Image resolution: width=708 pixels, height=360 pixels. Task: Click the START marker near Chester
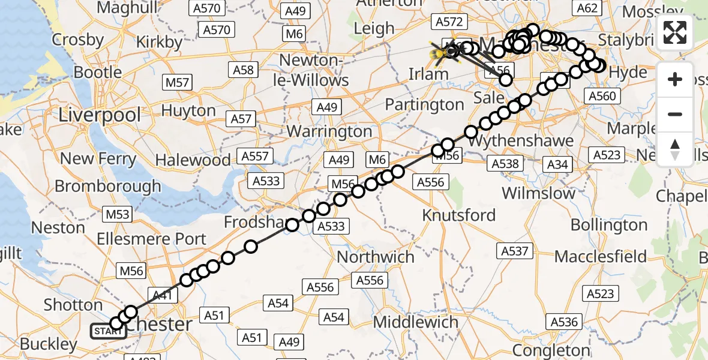108,331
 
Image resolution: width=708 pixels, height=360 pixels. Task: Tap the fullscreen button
675,32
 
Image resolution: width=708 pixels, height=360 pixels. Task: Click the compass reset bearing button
675,149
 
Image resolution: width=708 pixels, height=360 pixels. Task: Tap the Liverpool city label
100,115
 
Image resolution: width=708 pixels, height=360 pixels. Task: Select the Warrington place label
329,131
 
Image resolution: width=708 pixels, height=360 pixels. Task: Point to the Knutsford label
459,215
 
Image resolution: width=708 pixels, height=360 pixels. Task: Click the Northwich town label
376,257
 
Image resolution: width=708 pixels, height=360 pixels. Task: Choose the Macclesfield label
601,257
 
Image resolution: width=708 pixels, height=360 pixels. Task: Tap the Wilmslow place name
538,193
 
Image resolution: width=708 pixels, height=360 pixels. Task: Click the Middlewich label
416,322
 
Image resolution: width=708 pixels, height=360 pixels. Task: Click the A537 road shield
514,251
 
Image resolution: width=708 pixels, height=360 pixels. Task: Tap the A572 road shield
449,22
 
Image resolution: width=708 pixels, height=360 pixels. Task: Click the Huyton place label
189,110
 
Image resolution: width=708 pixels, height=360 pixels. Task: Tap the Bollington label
609,225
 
